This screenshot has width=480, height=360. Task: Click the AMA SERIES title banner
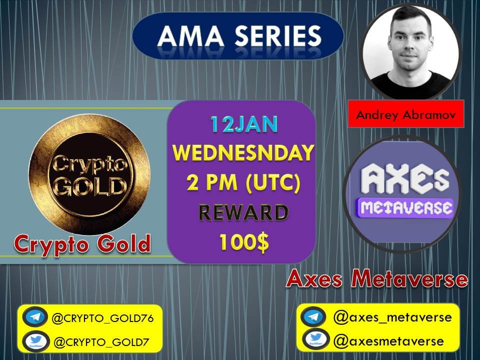238,36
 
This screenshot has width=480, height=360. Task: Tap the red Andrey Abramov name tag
405,114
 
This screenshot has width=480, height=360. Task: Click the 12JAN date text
243,125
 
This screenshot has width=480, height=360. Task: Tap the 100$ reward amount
243,242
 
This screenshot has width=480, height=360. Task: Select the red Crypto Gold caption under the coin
82,244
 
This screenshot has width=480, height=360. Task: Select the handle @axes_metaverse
392,317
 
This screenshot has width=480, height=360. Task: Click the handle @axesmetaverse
388,341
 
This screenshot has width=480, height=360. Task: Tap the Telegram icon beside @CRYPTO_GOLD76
35,317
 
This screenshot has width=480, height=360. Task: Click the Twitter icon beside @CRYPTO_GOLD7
35,341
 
